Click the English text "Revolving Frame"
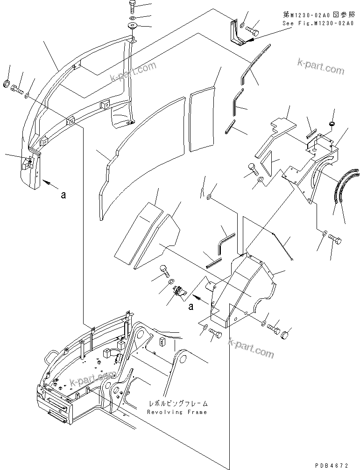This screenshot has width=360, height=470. (176, 412)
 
